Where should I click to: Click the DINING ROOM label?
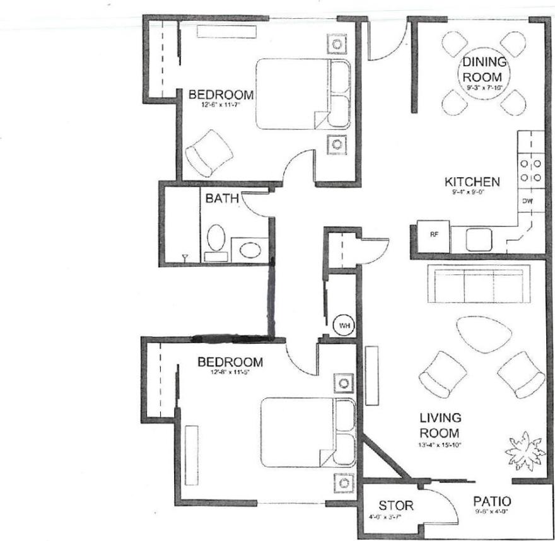click(484, 69)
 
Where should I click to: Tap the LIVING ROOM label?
click(441, 426)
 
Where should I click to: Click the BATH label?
click(221, 199)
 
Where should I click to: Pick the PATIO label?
click(492, 501)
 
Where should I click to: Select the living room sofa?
click(477, 284)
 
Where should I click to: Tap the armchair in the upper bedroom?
click(209, 153)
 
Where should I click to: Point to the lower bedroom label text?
click(230, 363)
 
